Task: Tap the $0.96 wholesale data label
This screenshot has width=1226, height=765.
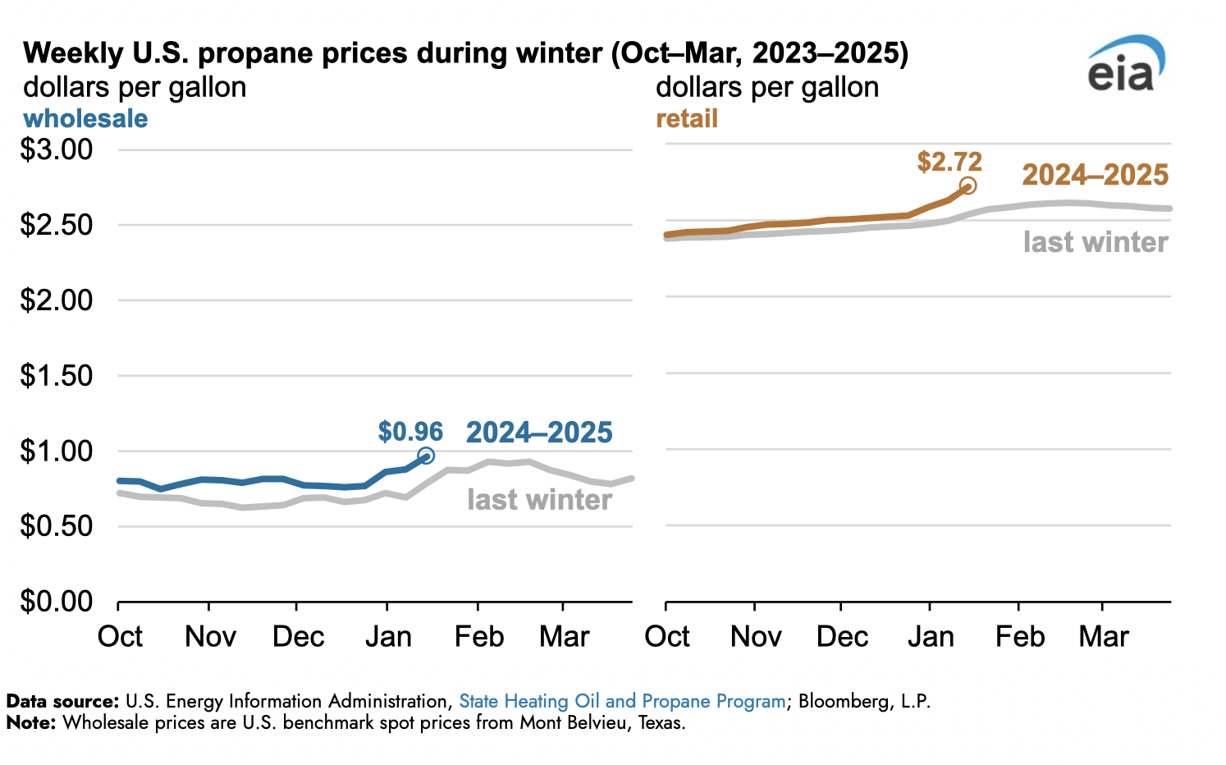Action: (410, 432)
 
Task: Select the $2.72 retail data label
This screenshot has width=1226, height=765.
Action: (949, 162)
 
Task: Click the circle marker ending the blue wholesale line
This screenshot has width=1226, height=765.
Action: (426, 456)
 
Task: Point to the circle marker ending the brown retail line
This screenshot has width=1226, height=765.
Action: (968, 186)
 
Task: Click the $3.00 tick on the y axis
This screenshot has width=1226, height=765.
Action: (57, 150)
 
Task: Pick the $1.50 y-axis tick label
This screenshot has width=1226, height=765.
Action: (57, 376)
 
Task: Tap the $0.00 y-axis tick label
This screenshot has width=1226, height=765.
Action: (57, 602)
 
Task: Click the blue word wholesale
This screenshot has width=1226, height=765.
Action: (85, 119)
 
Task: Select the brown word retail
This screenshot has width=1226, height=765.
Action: (687, 119)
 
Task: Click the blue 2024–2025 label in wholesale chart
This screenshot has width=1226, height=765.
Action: (539, 433)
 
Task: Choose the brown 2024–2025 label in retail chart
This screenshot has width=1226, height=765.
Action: (1095, 175)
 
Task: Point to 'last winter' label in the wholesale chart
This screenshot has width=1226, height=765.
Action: (539, 500)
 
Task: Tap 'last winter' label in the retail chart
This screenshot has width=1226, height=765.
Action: (1096, 242)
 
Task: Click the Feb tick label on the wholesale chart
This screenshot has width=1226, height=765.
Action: (479, 637)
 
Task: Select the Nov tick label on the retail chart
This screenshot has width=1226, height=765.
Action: (756, 637)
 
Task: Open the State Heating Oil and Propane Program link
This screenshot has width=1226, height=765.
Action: (622, 702)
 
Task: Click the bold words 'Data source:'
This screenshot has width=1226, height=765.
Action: (63, 702)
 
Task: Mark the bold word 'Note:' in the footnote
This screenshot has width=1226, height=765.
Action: (31, 723)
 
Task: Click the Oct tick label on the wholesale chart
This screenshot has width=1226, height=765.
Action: (120, 637)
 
